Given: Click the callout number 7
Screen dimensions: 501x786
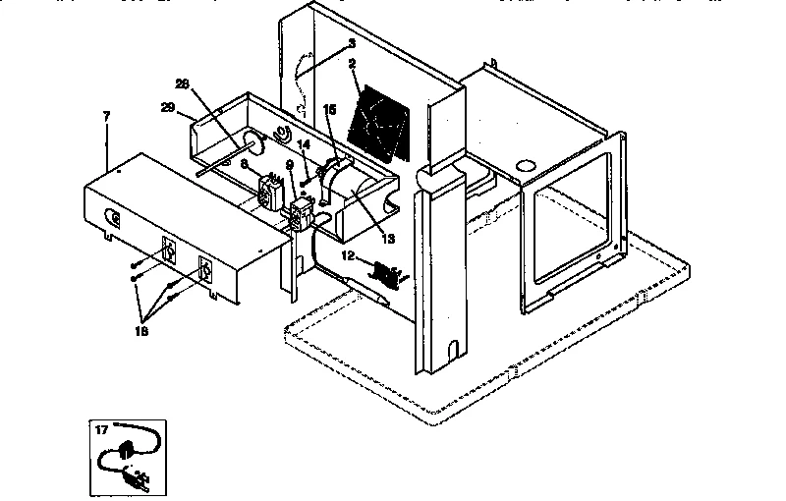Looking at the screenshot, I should coord(107,116).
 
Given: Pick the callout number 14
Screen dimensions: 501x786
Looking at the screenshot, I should coord(304,143).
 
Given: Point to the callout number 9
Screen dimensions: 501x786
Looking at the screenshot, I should coord(290,177).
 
